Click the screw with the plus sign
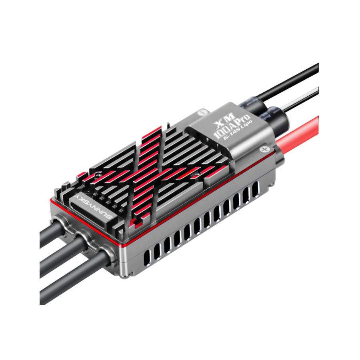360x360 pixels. coord(265,149)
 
